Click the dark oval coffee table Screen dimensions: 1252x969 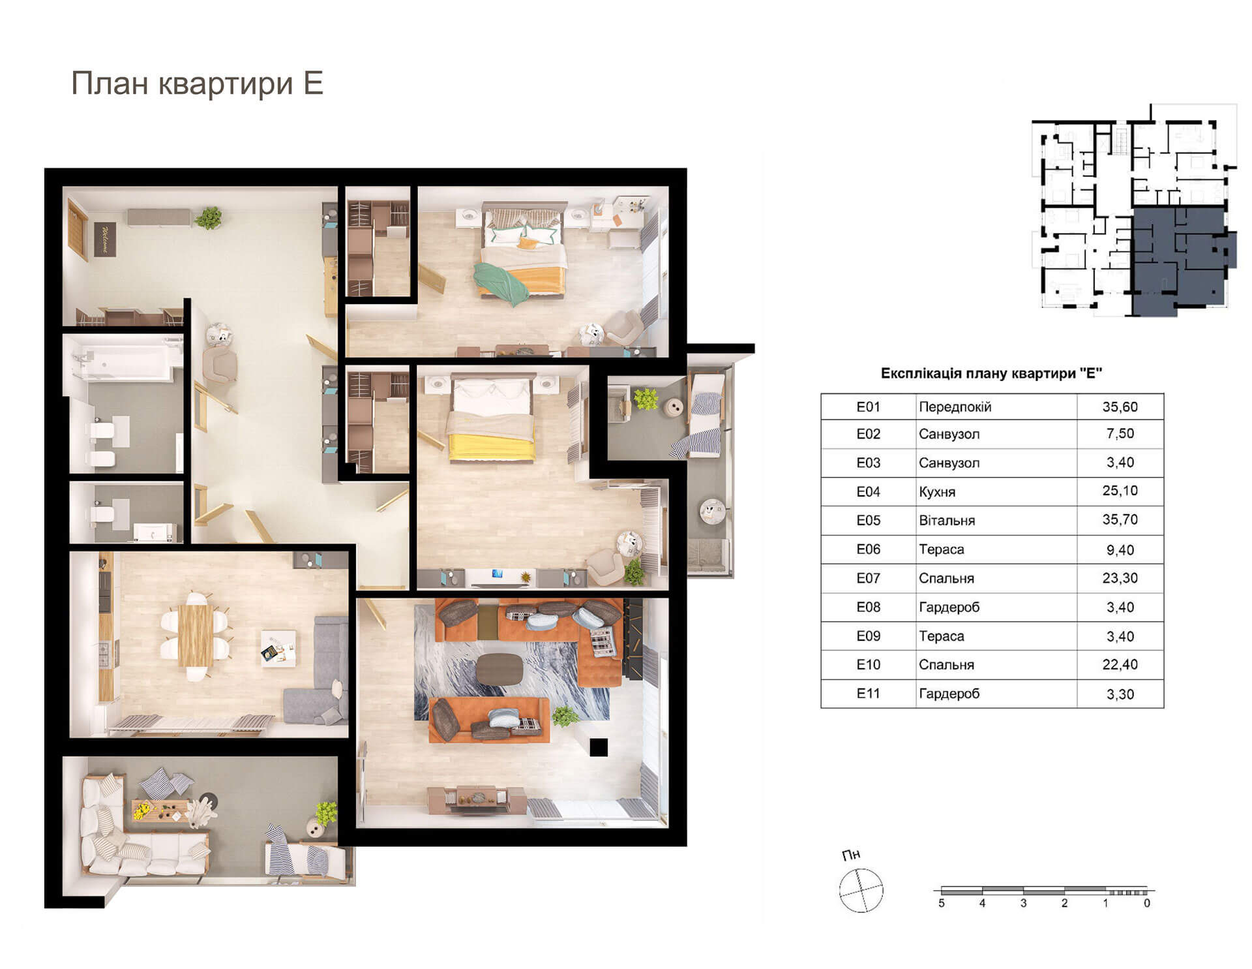click(x=499, y=668)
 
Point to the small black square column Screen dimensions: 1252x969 click(x=599, y=747)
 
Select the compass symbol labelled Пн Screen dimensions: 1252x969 click(x=861, y=889)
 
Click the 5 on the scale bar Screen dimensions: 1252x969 click(x=941, y=904)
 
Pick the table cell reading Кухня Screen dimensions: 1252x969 click(x=937, y=491)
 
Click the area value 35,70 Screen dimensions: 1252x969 click(x=1120, y=520)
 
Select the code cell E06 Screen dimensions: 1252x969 click(x=868, y=549)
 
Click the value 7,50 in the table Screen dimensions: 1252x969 click(x=1120, y=434)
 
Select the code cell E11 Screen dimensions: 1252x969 click(x=868, y=694)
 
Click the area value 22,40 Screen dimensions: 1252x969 click(x=1120, y=665)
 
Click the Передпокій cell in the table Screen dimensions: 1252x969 click(x=955, y=407)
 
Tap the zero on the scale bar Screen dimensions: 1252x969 click(x=1147, y=904)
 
